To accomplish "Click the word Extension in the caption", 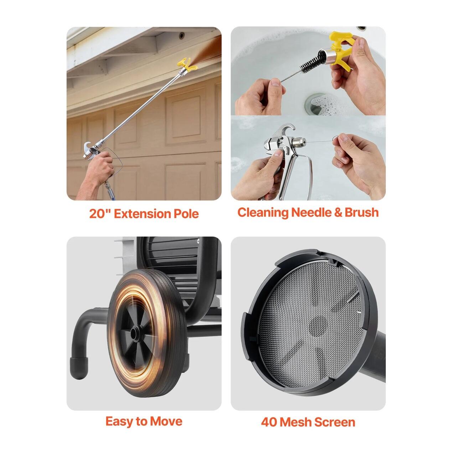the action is [x=142, y=214].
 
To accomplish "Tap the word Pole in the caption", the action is [x=186, y=214].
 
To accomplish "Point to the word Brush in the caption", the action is [x=362, y=212].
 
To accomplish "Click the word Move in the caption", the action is [x=166, y=421].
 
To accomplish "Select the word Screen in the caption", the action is [x=335, y=422].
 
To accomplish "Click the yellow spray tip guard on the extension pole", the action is [x=187, y=65].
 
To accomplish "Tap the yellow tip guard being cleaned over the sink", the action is [x=341, y=48].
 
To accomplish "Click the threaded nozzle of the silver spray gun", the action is [x=299, y=142].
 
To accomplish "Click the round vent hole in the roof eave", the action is [x=181, y=36].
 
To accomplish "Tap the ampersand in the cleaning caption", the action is [x=338, y=212].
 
